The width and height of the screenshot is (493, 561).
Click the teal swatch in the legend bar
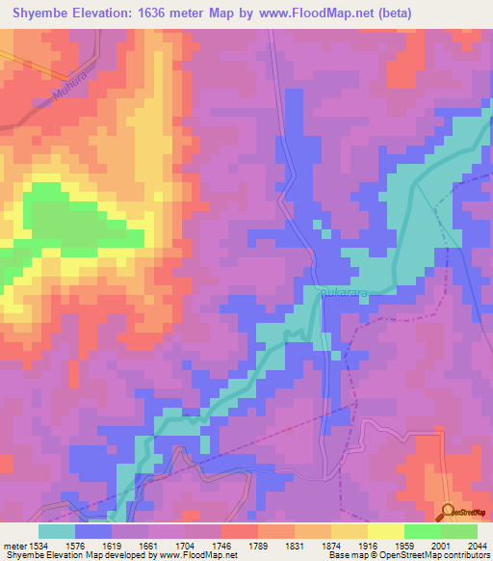click(x=57, y=530)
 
